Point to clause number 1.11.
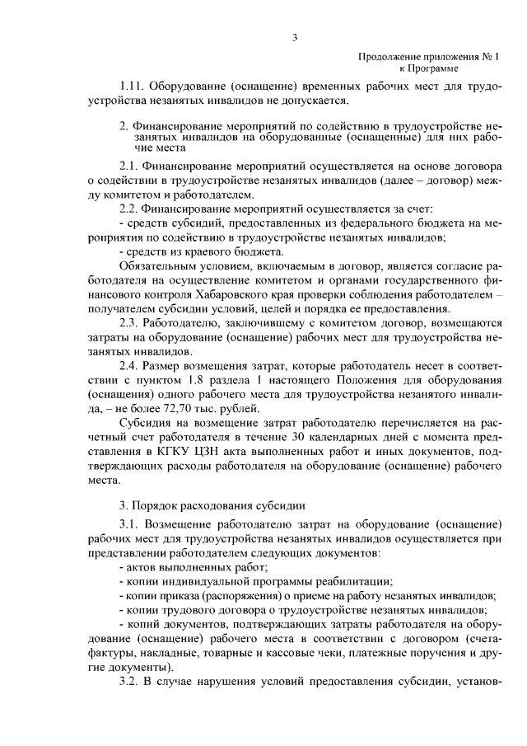[133, 87]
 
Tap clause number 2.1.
[130, 165]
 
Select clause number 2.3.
[130, 322]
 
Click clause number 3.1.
[130, 524]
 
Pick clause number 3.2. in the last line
[130, 682]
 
